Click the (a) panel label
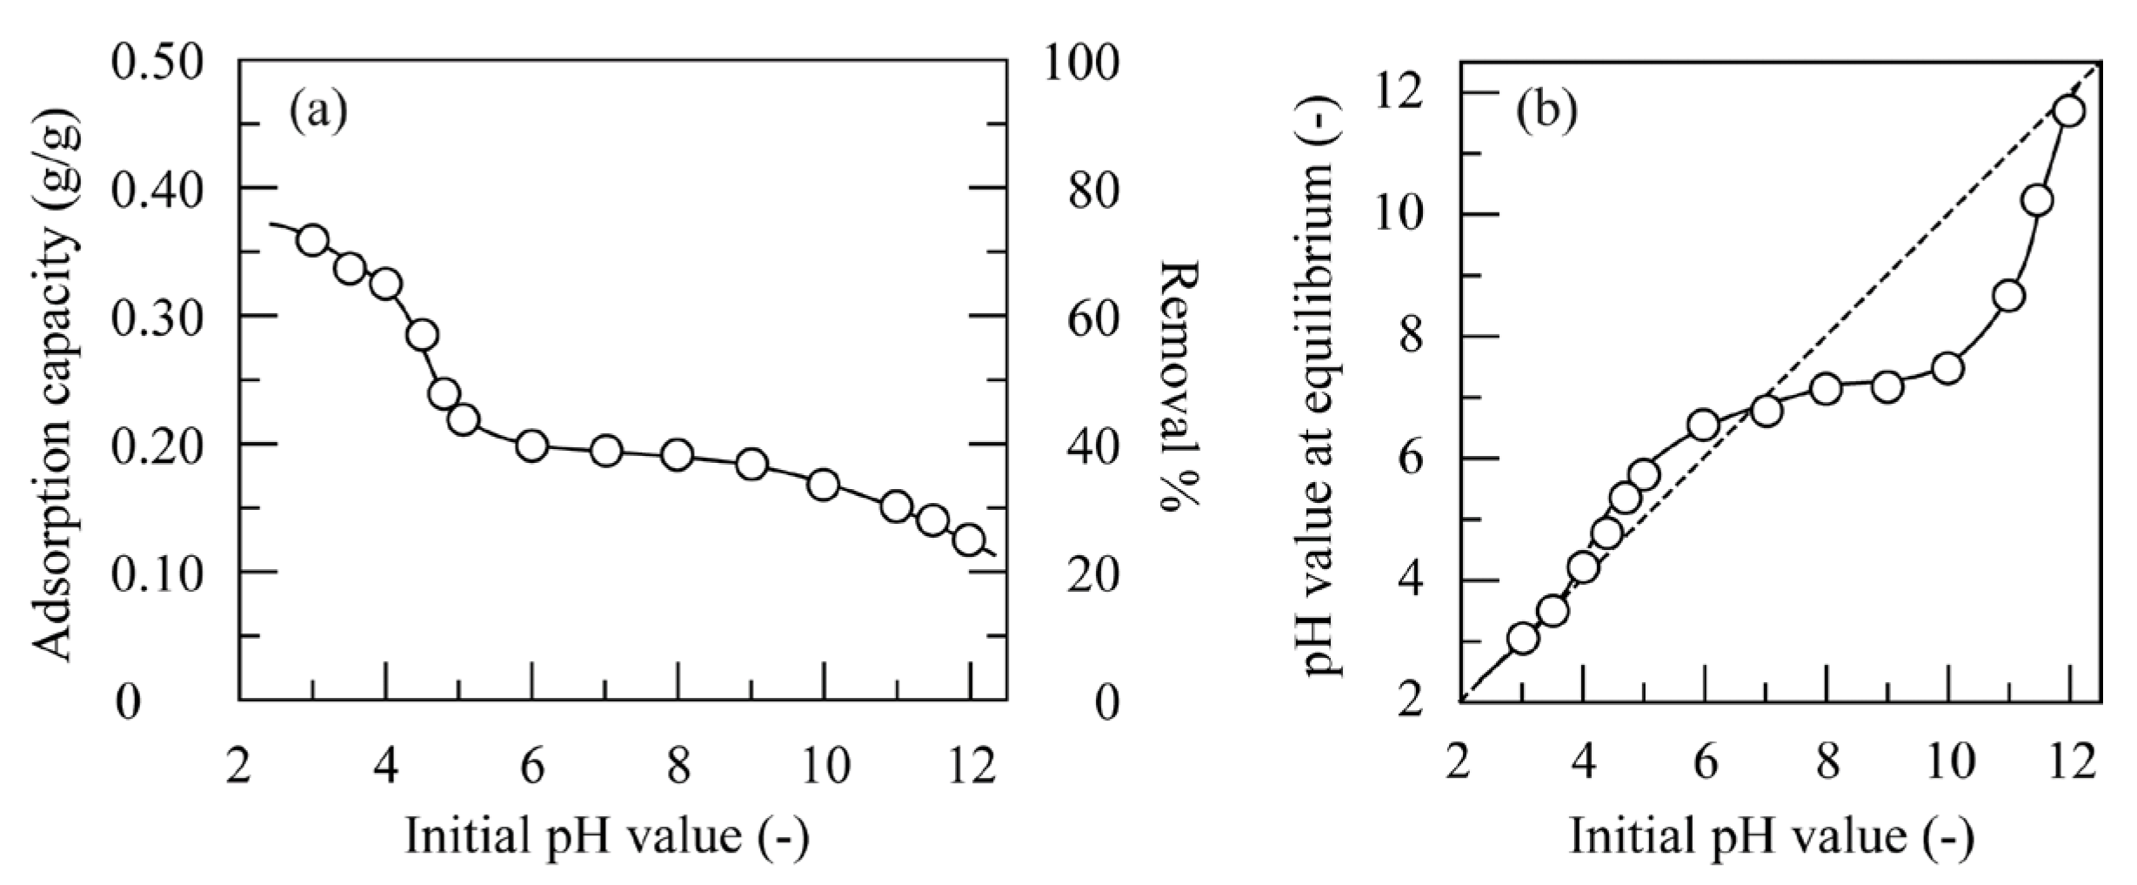[x=318, y=112]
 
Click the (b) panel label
[x=1547, y=114]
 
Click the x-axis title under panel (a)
[x=607, y=836]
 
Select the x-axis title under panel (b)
[x=1771, y=836]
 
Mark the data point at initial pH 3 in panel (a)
[x=312, y=240]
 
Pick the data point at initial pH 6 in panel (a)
[x=532, y=446]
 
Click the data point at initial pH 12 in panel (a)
[x=969, y=540]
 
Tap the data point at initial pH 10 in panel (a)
[x=823, y=485]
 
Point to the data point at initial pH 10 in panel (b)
[x=1947, y=369]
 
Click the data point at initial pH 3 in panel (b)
[x=1523, y=639]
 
